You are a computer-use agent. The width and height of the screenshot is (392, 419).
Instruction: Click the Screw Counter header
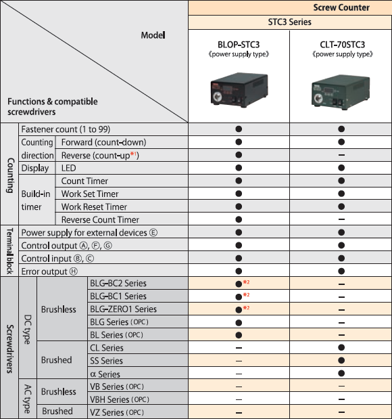click(341, 7)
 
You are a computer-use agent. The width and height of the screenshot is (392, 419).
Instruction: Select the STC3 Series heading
click(289, 22)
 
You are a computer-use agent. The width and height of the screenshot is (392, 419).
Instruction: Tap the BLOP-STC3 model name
click(239, 45)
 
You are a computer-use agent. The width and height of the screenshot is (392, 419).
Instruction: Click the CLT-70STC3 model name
click(343, 45)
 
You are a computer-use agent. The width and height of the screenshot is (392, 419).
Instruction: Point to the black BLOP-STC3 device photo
click(239, 89)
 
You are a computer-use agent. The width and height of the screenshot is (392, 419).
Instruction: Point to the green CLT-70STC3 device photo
click(341, 92)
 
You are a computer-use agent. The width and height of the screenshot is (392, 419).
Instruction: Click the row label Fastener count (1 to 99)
click(66, 129)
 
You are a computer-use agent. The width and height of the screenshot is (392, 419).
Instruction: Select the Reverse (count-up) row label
click(100, 155)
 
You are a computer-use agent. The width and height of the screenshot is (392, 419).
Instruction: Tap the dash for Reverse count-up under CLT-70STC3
click(341, 155)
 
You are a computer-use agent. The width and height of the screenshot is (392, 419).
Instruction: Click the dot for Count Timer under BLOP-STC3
click(239, 181)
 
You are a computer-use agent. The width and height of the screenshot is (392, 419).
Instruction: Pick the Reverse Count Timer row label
click(100, 220)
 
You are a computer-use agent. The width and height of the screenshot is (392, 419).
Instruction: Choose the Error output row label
click(49, 271)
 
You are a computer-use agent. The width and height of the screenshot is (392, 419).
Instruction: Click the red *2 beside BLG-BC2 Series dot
click(246, 282)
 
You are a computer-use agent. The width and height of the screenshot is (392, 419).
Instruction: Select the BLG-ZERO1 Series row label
click(123, 309)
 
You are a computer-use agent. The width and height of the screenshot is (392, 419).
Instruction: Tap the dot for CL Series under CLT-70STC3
click(341, 347)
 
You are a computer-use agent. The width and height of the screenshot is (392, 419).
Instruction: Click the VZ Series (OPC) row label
click(117, 412)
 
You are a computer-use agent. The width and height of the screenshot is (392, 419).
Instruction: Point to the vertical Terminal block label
click(9, 251)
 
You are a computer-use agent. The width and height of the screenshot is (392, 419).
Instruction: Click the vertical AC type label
click(28, 399)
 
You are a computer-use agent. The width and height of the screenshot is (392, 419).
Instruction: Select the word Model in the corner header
click(153, 35)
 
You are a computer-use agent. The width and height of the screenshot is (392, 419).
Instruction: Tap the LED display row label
click(68, 168)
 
